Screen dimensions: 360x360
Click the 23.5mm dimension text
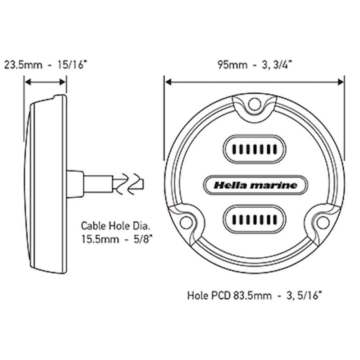click(x=22, y=64)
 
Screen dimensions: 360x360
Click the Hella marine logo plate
click(x=255, y=185)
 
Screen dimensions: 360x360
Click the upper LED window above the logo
click(x=255, y=149)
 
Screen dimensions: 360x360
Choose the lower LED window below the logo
click(x=255, y=220)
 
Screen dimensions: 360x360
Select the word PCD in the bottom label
click(x=221, y=296)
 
